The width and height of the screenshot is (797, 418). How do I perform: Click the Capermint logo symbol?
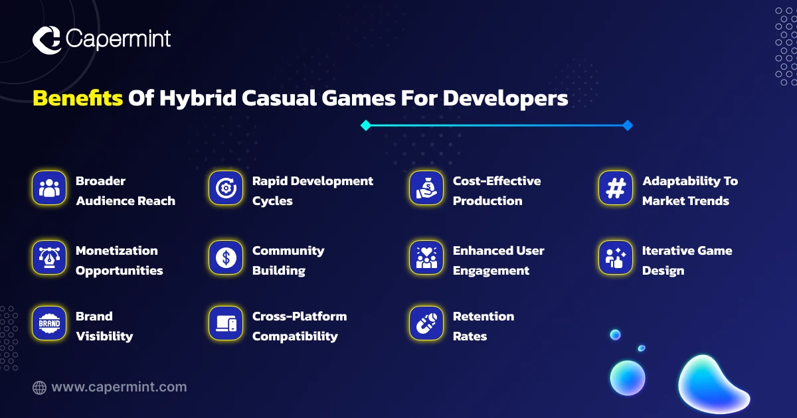click(x=46, y=40)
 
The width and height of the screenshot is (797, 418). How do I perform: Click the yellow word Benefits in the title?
click(x=78, y=98)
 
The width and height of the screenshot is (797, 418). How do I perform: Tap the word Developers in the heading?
click(x=505, y=99)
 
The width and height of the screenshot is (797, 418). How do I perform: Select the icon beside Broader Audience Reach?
click(x=49, y=188)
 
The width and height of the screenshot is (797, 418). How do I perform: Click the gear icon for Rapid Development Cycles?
click(x=226, y=188)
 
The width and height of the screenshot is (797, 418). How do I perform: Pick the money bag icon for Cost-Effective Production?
click(x=426, y=188)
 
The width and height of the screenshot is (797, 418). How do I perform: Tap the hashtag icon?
click(x=616, y=188)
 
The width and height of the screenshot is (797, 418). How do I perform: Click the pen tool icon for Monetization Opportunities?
click(x=49, y=257)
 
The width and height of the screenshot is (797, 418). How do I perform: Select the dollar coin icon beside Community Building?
click(x=226, y=257)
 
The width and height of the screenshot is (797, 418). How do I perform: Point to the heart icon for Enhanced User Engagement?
click(x=426, y=257)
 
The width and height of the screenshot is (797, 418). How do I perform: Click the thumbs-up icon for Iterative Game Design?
click(x=616, y=257)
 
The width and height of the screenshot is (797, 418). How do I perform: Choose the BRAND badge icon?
click(x=49, y=323)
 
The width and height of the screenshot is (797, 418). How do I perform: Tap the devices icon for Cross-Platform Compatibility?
click(x=226, y=323)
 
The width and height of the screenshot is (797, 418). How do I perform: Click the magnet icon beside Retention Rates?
click(x=426, y=323)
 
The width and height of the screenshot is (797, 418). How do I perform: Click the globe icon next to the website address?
click(x=39, y=387)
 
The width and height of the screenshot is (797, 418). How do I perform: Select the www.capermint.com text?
click(x=119, y=387)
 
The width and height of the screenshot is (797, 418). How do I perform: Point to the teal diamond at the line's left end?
click(x=366, y=125)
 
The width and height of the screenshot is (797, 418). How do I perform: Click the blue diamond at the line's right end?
click(x=628, y=125)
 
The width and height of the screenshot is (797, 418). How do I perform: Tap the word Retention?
click(x=484, y=316)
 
